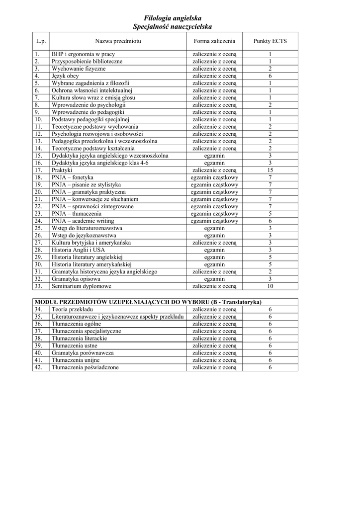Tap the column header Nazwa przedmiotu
118,41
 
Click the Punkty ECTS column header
270,41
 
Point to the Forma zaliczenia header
215,41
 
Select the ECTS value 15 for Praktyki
270,170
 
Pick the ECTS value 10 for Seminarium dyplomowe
270,286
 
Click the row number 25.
38,228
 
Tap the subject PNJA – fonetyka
72,177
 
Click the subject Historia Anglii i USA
79,250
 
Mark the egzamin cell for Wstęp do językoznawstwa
215,236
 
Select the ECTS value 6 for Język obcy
270,76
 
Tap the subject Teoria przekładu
73,309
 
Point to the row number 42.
38,367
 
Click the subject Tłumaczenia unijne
76,360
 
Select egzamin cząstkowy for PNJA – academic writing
215,221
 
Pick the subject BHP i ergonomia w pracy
83,54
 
